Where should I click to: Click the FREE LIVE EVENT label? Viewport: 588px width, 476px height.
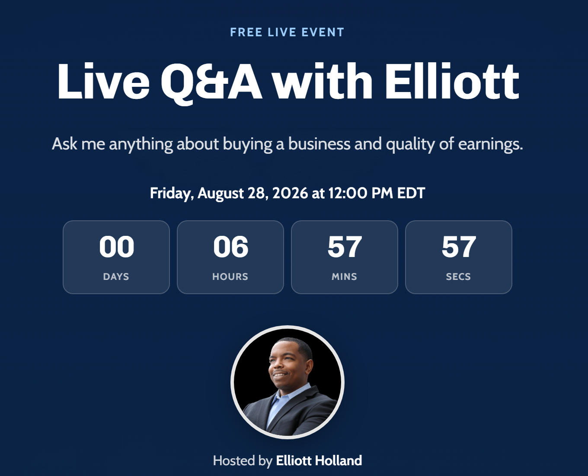tap(287, 32)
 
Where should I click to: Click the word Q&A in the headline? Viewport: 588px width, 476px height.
tap(211, 83)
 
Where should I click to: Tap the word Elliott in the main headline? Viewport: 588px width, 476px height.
tap(452, 81)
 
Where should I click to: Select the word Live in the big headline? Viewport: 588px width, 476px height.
tap(103, 81)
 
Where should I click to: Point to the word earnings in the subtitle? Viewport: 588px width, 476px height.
tap(491, 144)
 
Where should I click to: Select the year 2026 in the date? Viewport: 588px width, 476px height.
tap(290, 193)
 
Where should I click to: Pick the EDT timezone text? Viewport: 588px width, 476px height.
tap(411, 193)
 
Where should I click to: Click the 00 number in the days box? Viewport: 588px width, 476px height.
tap(116, 247)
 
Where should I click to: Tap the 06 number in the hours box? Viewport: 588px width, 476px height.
tap(231, 247)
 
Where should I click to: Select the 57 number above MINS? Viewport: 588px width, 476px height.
tap(345, 247)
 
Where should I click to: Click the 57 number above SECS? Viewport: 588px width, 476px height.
tap(459, 247)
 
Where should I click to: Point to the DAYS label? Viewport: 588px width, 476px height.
tap(116, 276)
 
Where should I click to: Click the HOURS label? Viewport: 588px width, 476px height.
tap(230, 276)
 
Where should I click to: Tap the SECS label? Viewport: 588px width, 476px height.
tap(459, 276)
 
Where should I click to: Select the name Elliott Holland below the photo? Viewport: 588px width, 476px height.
tap(319, 460)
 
